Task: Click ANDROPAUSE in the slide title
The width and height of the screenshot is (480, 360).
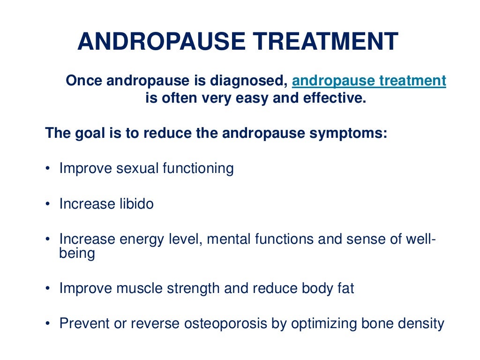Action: tap(161, 42)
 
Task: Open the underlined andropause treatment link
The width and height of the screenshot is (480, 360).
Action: tap(369, 81)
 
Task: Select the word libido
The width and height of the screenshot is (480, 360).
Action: tap(135, 204)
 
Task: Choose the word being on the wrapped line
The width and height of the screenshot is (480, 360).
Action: tap(77, 254)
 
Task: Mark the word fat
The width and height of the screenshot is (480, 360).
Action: tap(345, 288)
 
